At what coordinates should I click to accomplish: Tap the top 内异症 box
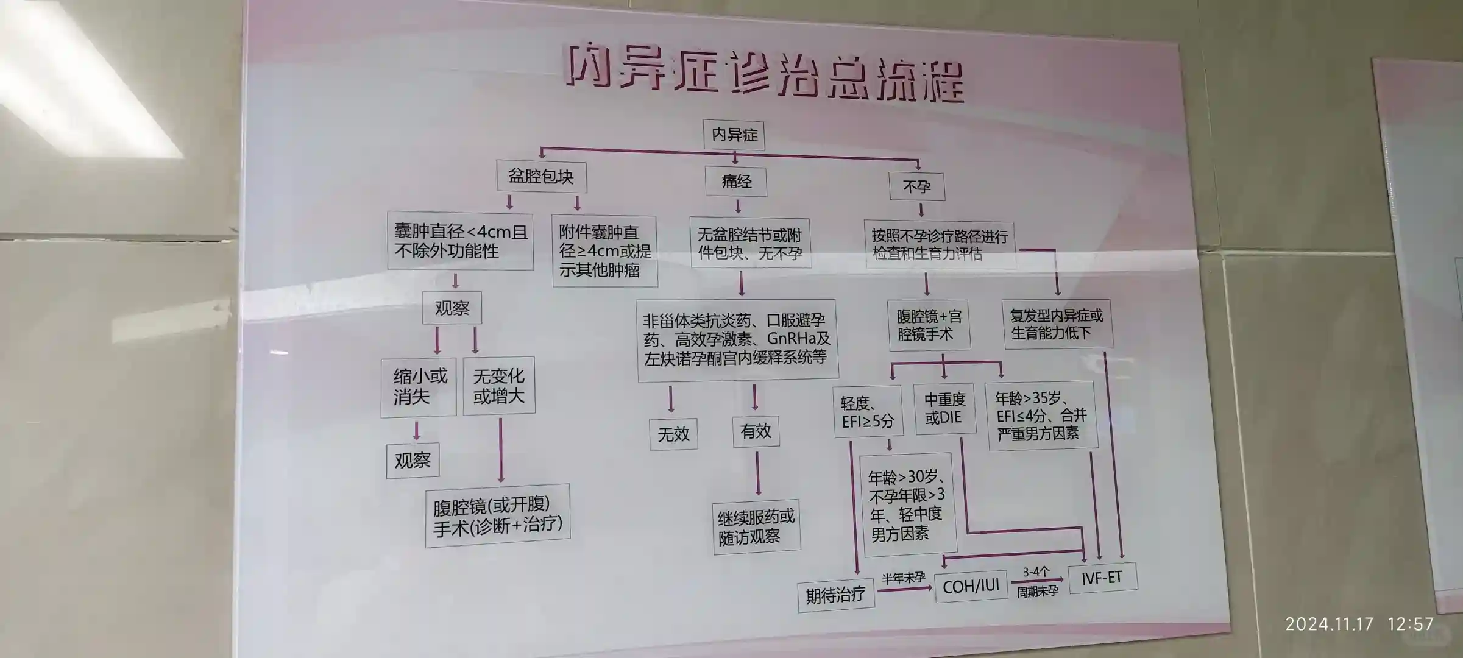734,135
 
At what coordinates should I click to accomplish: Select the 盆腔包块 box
541,177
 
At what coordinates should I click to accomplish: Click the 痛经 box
736,182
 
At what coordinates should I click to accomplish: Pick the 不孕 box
916,186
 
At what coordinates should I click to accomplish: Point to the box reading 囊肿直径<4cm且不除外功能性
461,241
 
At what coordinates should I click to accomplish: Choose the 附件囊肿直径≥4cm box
604,251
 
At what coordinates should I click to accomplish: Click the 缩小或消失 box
419,387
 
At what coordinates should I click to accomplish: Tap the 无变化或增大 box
499,386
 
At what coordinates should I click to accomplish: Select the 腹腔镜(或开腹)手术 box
498,515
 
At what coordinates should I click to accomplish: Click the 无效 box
673,434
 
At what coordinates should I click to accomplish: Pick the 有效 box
756,431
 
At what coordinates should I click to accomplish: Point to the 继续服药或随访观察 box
756,527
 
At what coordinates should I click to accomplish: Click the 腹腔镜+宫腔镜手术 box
929,325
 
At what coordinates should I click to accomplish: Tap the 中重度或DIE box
944,409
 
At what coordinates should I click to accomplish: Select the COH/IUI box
971,586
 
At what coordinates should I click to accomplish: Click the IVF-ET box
1102,578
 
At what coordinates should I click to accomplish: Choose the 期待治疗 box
835,595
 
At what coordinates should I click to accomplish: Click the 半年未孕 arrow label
903,578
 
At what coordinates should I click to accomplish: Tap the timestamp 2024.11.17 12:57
1359,624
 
